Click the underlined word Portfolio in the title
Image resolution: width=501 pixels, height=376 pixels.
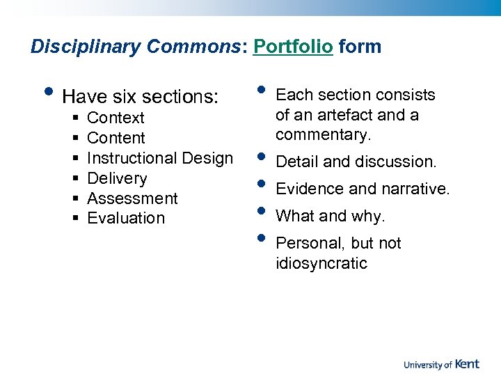tap(293, 47)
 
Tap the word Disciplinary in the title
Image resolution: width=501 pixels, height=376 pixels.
tap(86, 47)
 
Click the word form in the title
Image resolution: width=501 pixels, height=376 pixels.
tap(360, 47)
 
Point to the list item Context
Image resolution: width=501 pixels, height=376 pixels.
tap(116, 118)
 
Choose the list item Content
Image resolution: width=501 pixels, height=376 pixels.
tap(116, 139)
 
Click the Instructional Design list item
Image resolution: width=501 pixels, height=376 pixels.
tap(160, 158)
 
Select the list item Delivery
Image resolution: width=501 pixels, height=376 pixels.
tap(117, 178)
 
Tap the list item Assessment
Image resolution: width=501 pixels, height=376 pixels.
tap(132, 198)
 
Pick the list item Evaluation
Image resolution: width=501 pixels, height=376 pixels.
tap(126, 218)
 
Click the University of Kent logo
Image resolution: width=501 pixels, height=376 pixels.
tap(441, 364)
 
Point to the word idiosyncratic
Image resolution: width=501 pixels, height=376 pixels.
tap(321, 264)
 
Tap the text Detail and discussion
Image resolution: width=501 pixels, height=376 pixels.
tap(356, 162)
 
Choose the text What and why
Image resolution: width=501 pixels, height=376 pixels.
tap(330, 217)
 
